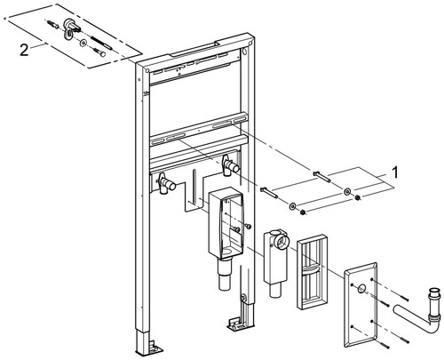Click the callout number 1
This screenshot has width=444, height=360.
click(395, 172)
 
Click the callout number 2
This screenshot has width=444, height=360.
click(24, 50)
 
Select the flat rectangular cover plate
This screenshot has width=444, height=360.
click(361, 305)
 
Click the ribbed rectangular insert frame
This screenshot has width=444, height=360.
click(313, 272)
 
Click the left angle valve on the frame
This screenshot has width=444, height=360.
click(165, 184)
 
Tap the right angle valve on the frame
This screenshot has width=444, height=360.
click(230, 166)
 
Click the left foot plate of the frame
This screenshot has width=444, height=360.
click(149, 349)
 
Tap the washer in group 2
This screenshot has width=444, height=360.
click(83, 44)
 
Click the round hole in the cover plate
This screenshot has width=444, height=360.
click(361, 288)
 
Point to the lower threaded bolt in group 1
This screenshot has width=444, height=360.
click(269, 193)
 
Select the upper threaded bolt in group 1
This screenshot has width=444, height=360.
click(322, 177)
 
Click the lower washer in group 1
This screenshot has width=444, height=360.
click(292, 206)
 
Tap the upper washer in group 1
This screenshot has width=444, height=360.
click(346, 191)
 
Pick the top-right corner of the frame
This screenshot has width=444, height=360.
click(254, 37)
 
